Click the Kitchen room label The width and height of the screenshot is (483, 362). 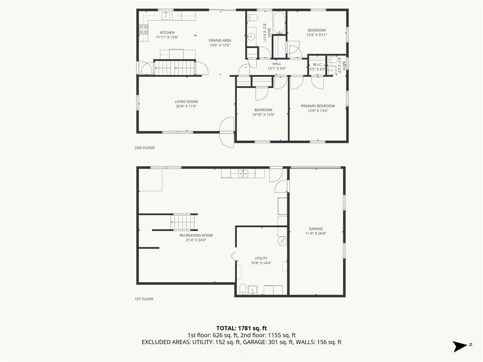click(x=167, y=33)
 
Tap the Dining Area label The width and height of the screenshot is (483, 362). click(x=220, y=41)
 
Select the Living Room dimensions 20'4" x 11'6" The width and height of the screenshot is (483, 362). click(x=186, y=107)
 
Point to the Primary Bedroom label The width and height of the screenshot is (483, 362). click(x=317, y=106)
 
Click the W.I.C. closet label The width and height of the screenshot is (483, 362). click(x=317, y=65)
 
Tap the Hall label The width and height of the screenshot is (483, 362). click(x=276, y=64)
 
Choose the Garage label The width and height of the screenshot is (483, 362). click(x=316, y=229)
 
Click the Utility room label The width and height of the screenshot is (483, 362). click(x=261, y=258)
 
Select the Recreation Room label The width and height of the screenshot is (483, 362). click(x=196, y=236)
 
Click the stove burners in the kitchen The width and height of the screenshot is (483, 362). click(x=143, y=29)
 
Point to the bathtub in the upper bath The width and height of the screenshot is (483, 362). click(x=279, y=23)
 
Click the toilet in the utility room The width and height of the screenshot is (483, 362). click(x=243, y=289)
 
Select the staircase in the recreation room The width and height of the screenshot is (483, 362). click(x=183, y=222)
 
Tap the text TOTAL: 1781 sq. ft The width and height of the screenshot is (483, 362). click(x=241, y=328)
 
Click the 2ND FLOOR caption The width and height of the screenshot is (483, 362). click(x=144, y=148)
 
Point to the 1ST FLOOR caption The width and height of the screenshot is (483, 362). click(x=144, y=299)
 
